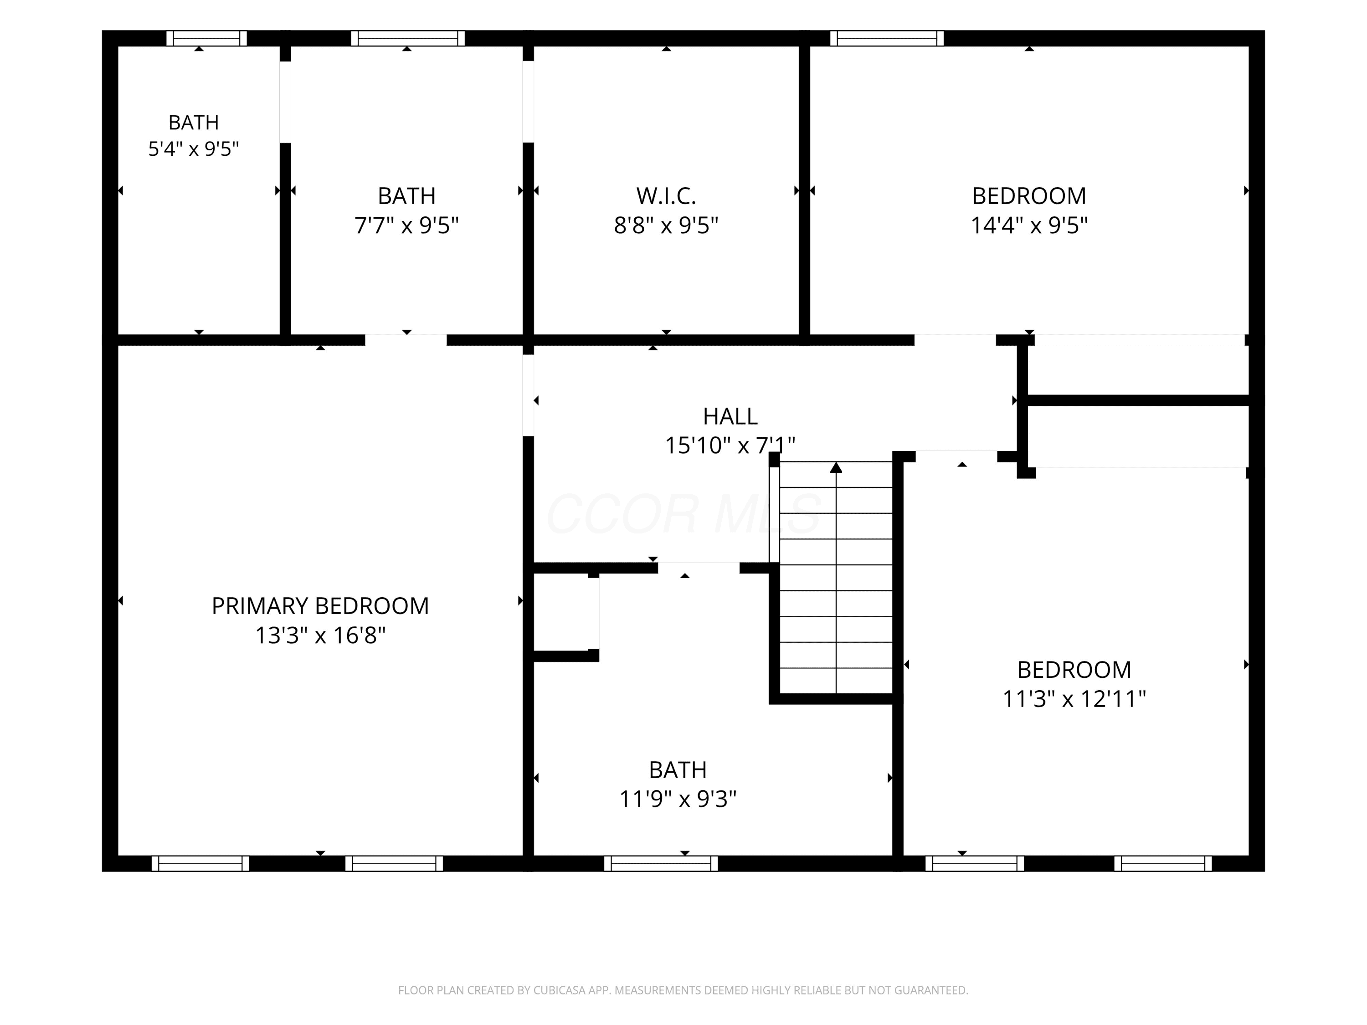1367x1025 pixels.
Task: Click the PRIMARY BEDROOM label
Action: click(320, 606)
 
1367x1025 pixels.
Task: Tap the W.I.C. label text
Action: click(666, 196)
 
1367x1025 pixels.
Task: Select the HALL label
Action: click(730, 416)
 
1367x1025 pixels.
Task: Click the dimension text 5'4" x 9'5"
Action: click(194, 149)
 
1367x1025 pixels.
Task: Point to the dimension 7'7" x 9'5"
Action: click(406, 225)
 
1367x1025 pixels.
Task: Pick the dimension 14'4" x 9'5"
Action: click(1029, 225)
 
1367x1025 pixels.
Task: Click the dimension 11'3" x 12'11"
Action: click(1074, 699)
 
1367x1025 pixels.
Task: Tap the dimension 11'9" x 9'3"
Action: click(678, 799)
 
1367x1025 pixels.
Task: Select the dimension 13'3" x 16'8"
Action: click(320, 635)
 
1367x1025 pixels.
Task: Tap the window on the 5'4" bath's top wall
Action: click(206, 38)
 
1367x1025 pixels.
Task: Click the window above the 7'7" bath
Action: click(408, 38)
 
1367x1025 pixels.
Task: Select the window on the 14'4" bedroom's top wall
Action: click(887, 38)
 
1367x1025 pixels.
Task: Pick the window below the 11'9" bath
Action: click(661, 863)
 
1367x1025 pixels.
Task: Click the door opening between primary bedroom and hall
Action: click(529, 395)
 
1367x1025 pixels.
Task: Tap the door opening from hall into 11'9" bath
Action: click(699, 568)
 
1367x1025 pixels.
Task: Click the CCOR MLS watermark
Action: click(683, 514)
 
